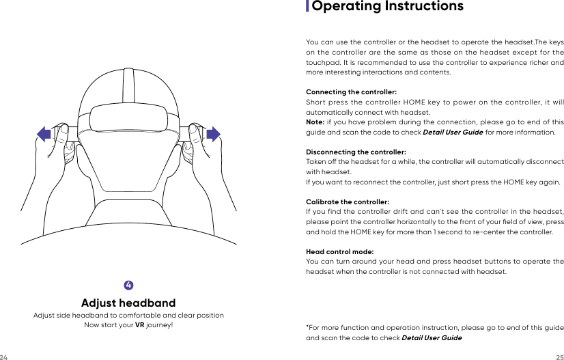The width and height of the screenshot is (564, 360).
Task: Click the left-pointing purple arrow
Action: click(44, 134)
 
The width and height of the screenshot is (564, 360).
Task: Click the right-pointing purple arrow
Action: click(213, 134)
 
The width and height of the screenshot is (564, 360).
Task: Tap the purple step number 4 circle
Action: click(128, 284)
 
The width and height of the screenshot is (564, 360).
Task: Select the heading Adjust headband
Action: click(128, 303)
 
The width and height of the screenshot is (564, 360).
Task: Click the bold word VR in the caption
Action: click(139, 324)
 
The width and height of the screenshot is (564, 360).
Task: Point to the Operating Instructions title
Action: click(387, 7)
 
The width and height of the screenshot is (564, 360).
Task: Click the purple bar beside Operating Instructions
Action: click(307, 7)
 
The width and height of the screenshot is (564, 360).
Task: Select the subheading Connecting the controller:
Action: click(351, 92)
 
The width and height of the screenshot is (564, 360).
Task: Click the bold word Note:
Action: click(315, 122)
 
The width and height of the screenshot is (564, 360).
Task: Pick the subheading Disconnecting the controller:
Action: click(356, 152)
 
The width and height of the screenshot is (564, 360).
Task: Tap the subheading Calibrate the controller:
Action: click(348, 202)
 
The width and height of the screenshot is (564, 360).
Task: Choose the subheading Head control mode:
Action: click(339, 252)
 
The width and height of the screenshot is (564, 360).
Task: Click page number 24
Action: click(4, 357)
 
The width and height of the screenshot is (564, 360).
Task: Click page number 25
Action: click(559, 357)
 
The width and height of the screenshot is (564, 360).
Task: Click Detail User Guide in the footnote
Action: click(431, 338)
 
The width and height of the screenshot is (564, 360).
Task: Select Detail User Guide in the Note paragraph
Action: click(453, 132)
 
